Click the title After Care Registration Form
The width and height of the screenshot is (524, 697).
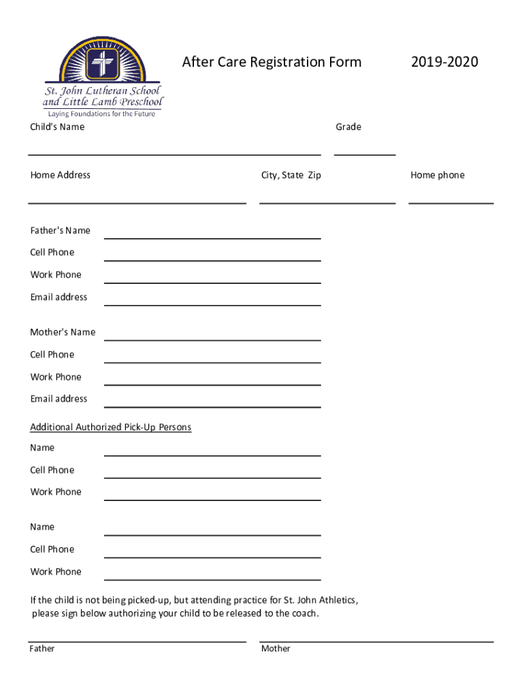(272, 63)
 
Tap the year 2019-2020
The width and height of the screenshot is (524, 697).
(444, 63)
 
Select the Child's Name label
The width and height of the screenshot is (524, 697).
(57, 127)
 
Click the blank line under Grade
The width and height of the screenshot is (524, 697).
(365, 154)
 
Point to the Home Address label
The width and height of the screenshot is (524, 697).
(60, 176)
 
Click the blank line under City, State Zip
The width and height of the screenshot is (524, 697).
(327, 202)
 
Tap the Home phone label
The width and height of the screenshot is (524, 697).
(438, 176)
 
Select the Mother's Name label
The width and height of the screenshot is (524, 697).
(63, 332)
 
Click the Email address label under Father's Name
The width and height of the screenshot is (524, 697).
(59, 297)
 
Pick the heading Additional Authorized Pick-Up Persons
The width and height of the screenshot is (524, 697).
(111, 427)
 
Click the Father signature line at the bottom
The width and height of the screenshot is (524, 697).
(137, 641)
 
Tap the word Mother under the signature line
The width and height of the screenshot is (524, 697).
(276, 649)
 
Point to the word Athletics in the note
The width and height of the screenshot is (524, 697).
(335, 600)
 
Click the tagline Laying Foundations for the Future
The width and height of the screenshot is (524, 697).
(101, 114)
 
